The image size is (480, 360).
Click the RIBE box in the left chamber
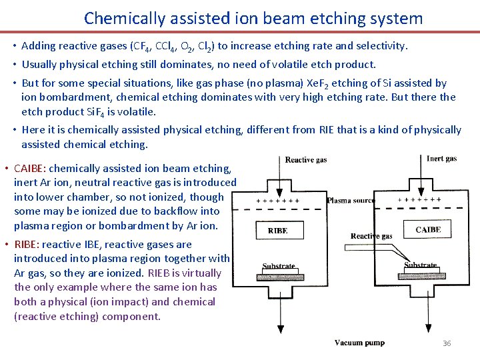(x=277, y=231)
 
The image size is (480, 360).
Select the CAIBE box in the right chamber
(x=428, y=230)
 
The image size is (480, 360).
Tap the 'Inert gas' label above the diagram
(x=441, y=159)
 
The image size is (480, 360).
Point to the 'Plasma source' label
(x=351, y=200)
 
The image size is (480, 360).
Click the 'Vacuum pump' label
(x=359, y=343)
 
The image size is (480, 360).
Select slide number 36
(x=447, y=343)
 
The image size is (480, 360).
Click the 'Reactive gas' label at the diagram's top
(x=306, y=160)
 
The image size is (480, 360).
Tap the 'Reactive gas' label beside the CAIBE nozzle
(x=371, y=236)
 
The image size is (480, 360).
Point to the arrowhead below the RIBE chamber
(x=280, y=329)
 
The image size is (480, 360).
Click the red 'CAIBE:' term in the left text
(x=30, y=169)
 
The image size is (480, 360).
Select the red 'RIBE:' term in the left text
(x=27, y=245)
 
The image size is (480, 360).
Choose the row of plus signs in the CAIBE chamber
(x=419, y=199)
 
